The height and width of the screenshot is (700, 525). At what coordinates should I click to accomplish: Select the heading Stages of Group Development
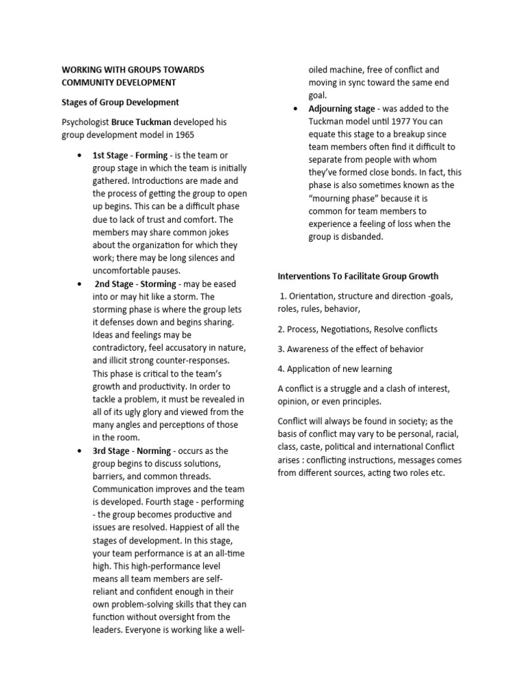(x=120, y=103)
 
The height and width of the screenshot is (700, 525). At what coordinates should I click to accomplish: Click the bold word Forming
(x=151, y=155)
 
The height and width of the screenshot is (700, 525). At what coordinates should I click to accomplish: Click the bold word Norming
(x=154, y=451)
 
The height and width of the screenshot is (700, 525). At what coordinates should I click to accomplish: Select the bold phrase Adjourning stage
(x=342, y=109)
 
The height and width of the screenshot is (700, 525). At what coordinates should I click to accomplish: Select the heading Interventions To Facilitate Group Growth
(x=358, y=277)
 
